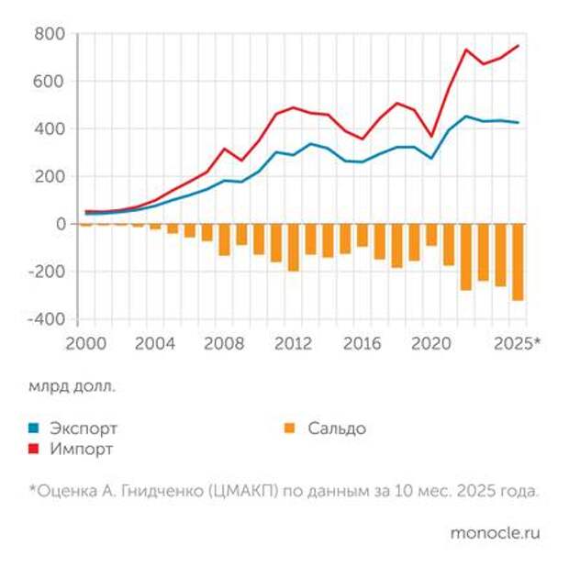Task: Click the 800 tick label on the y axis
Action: point(50,34)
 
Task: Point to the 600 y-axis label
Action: point(50,82)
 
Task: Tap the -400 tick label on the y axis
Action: point(46,319)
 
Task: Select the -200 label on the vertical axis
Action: point(46,272)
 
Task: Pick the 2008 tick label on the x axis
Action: point(223,344)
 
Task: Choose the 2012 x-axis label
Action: point(294,344)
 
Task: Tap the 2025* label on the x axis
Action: point(517,344)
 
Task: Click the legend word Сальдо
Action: point(337,428)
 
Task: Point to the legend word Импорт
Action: point(82,450)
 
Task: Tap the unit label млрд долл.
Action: point(72,386)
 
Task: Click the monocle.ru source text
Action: point(495,532)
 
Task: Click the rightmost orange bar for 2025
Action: point(518,261)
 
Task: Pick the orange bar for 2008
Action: point(224,239)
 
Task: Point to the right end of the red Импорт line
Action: point(518,45)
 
